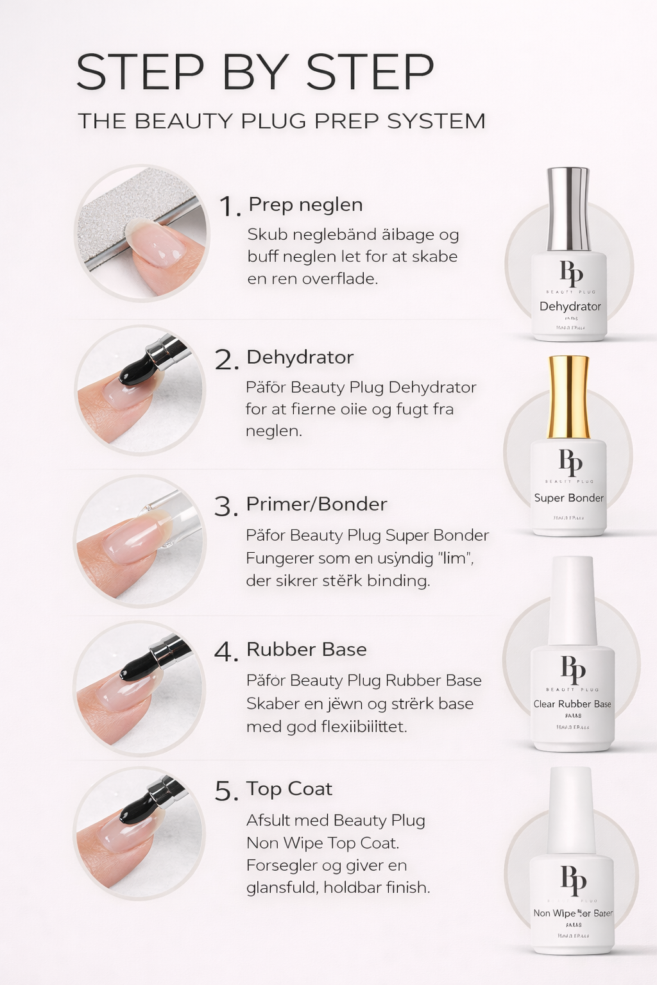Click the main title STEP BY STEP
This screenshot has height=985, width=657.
255,72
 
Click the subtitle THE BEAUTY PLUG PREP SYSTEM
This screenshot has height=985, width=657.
281,121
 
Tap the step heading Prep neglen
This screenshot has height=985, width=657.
305,205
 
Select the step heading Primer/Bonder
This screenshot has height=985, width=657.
316,504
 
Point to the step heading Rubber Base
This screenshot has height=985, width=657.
306,650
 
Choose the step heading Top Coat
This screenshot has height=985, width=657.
289,789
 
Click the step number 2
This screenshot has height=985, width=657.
226,360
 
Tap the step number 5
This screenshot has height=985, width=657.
226,792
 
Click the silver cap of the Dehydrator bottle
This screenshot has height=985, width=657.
568,208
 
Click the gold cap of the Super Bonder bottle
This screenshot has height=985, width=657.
568,396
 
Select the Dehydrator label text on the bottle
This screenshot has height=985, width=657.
570,307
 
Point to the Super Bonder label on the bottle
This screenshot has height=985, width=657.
568,498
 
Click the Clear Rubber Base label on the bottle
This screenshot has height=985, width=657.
572,704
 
